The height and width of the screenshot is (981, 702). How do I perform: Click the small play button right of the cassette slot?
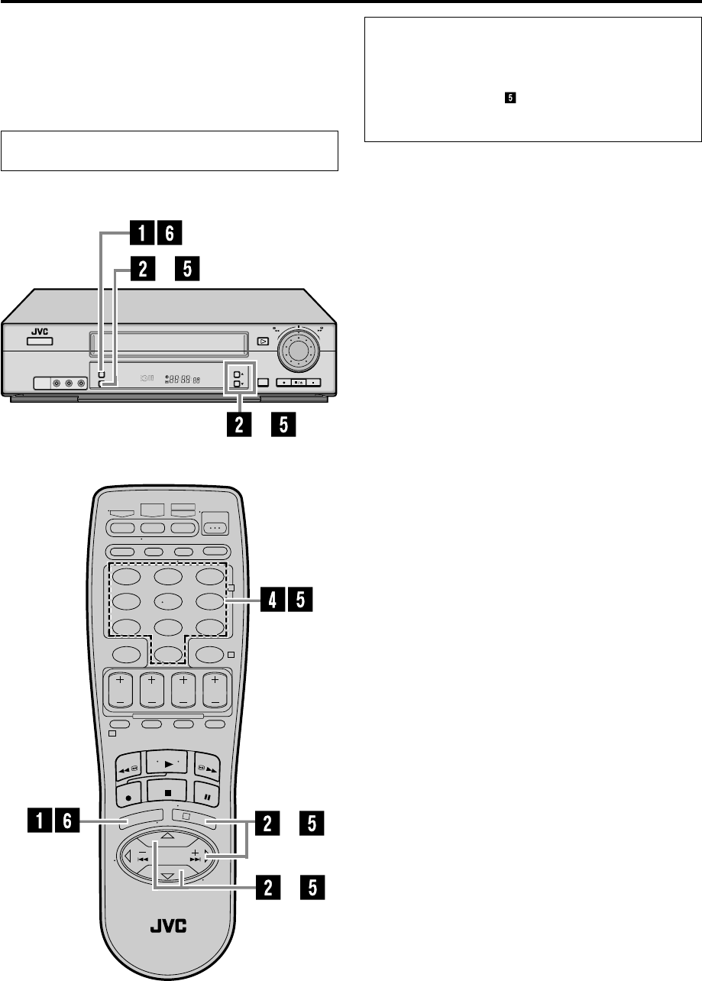click(263, 342)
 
